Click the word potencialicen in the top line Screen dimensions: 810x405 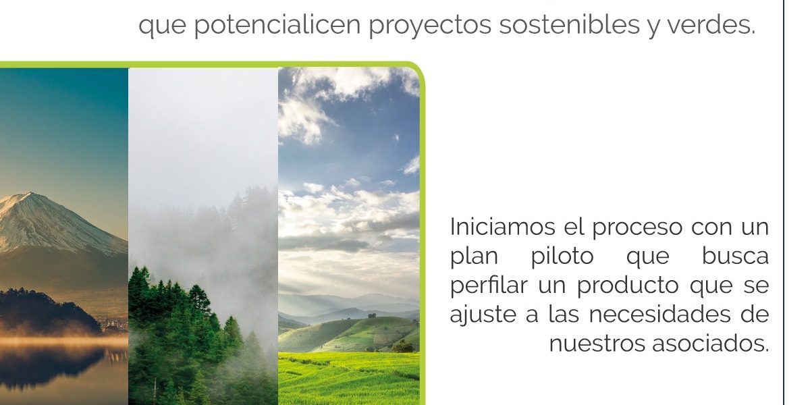277,26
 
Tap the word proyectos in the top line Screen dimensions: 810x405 430,26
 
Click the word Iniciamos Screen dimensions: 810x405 502,227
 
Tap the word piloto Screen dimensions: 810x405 562,256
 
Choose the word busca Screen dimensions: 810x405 735,255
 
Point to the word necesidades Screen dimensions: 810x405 660,314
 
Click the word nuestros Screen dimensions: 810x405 597,344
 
